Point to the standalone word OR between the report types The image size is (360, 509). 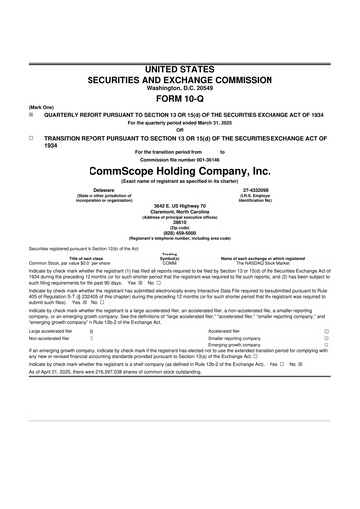180,129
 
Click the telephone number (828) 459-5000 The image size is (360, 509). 180,235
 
